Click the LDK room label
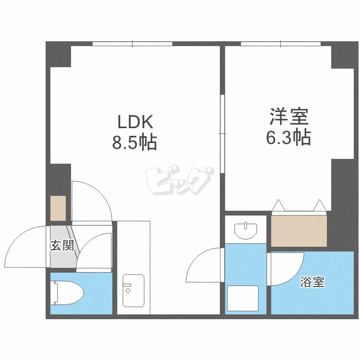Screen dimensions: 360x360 [x=135, y=122]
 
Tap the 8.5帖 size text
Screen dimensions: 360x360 [x=134, y=142]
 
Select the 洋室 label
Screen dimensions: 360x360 [x=289, y=117]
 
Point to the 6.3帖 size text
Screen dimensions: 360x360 [x=288, y=137]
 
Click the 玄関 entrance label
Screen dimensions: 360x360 [x=62, y=245]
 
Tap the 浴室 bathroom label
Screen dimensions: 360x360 [x=312, y=282]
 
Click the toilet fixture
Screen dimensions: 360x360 [x=67, y=292]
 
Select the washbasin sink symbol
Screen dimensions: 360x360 [x=245, y=230]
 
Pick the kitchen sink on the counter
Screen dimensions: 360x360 [x=133, y=291]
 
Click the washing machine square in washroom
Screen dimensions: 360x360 [x=243, y=298]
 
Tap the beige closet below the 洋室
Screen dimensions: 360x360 [x=299, y=231]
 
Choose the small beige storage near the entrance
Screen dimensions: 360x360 [x=58, y=208]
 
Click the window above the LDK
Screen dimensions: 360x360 [x=132, y=44]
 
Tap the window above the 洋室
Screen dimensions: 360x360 [x=281, y=44]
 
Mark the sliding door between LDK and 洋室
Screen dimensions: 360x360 [x=222, y=133]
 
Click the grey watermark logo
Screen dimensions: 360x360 [x=180, y=180]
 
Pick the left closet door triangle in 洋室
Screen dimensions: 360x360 [x=279, y=205]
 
